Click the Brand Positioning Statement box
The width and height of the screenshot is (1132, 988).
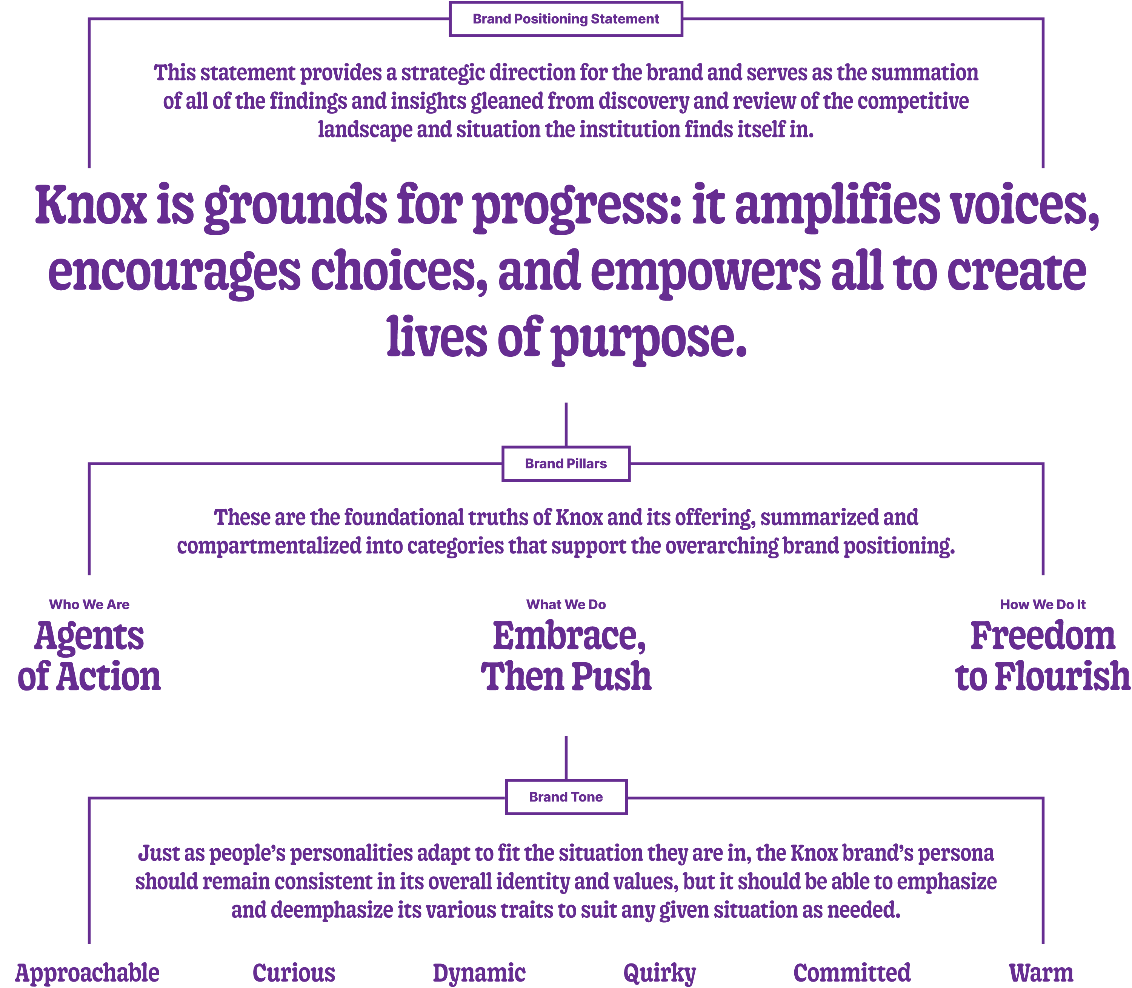[566, 19]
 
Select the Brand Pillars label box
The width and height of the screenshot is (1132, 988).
[566, 464]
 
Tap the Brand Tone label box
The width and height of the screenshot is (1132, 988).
[566, 797]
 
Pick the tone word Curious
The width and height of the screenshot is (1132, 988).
[294, 973]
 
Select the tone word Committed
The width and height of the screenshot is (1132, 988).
[852, 973]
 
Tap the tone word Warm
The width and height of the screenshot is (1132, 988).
[1041, 973]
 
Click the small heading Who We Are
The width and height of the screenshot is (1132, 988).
[89, 604]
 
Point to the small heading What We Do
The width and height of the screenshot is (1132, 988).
[566, 604]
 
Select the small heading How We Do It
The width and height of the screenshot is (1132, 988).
[1043, 604]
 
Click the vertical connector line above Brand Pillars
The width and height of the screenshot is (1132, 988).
[566, 424]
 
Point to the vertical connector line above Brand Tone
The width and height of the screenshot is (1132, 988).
[566, 758]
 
